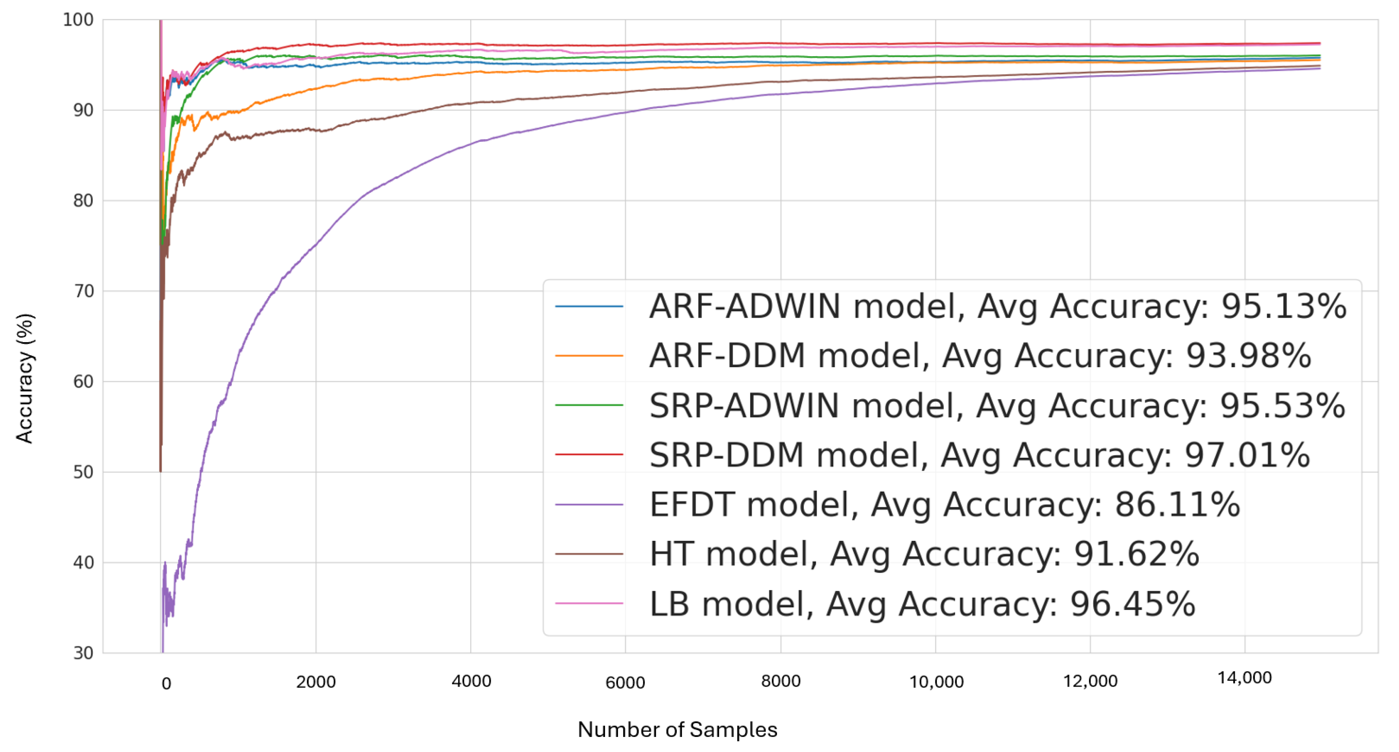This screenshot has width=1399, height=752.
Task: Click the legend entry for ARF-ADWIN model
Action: [997, 307]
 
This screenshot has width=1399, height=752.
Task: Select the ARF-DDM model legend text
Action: [980, 356]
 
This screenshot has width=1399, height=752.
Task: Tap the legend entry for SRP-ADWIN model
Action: [997, 406]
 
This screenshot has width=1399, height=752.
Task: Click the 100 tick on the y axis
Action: [78, 20]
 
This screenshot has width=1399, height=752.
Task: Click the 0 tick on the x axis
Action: [166, 684]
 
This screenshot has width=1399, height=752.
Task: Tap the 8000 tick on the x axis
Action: [780, 681]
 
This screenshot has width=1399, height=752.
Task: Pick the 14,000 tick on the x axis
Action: [1244, 678]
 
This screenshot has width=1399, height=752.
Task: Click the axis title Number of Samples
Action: [677, 730]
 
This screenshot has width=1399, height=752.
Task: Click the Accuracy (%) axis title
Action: [25, 379]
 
